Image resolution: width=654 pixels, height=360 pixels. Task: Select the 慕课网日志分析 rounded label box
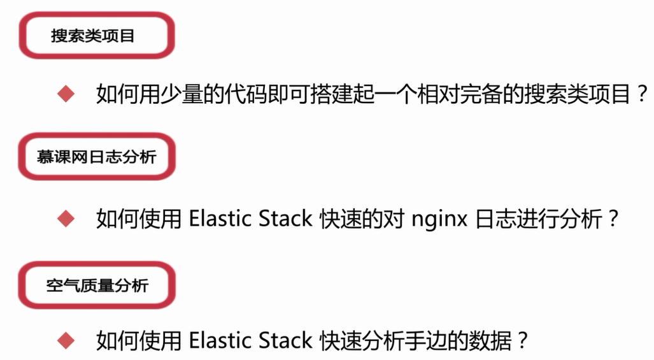96,156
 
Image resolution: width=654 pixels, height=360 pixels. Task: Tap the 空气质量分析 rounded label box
96,285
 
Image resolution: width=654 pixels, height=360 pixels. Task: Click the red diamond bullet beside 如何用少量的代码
66,95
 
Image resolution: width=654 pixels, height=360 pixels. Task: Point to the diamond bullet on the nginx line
66,219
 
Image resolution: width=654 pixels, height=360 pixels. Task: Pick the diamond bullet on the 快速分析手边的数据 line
66,340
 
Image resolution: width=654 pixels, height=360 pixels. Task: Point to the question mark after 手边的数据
522,341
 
